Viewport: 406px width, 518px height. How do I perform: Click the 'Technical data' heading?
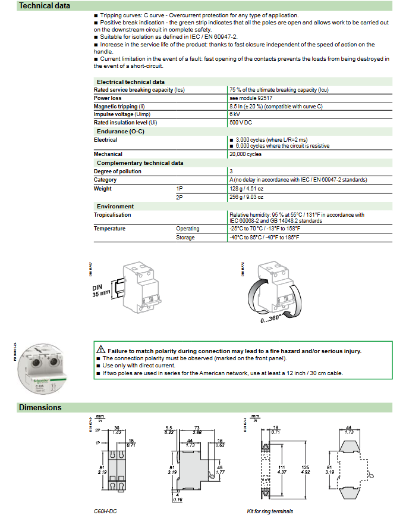click(x=45, y=6)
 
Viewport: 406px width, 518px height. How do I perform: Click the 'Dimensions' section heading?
click(x=40, y=408)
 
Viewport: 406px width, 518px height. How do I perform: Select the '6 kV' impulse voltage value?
click(x=235, y=114)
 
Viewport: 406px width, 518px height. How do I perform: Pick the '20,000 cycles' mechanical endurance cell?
click(x=246, y=154)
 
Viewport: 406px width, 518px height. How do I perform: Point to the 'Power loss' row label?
click(x=108, y=98)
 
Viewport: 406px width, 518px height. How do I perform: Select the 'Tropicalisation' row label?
click(x=112, y=215)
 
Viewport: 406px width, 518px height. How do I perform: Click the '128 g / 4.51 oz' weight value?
click(x=246, y=189)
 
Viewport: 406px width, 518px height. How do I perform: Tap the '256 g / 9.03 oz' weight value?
click(x=246, y=196)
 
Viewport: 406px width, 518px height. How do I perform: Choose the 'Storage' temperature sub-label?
click(x=185, y=238)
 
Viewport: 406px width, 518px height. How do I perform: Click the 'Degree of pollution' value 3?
click(x=231, y=171)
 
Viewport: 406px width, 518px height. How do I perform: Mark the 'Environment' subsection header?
click(x=115, y=207)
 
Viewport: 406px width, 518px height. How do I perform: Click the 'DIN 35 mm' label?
click(x=102, y=290)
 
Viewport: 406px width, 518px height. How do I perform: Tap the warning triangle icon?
click(x=102, y=351)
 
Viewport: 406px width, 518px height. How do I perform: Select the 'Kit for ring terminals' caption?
click(x=270, y=511)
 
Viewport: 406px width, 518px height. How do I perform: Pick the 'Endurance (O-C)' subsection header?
click(x=121, y=131)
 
